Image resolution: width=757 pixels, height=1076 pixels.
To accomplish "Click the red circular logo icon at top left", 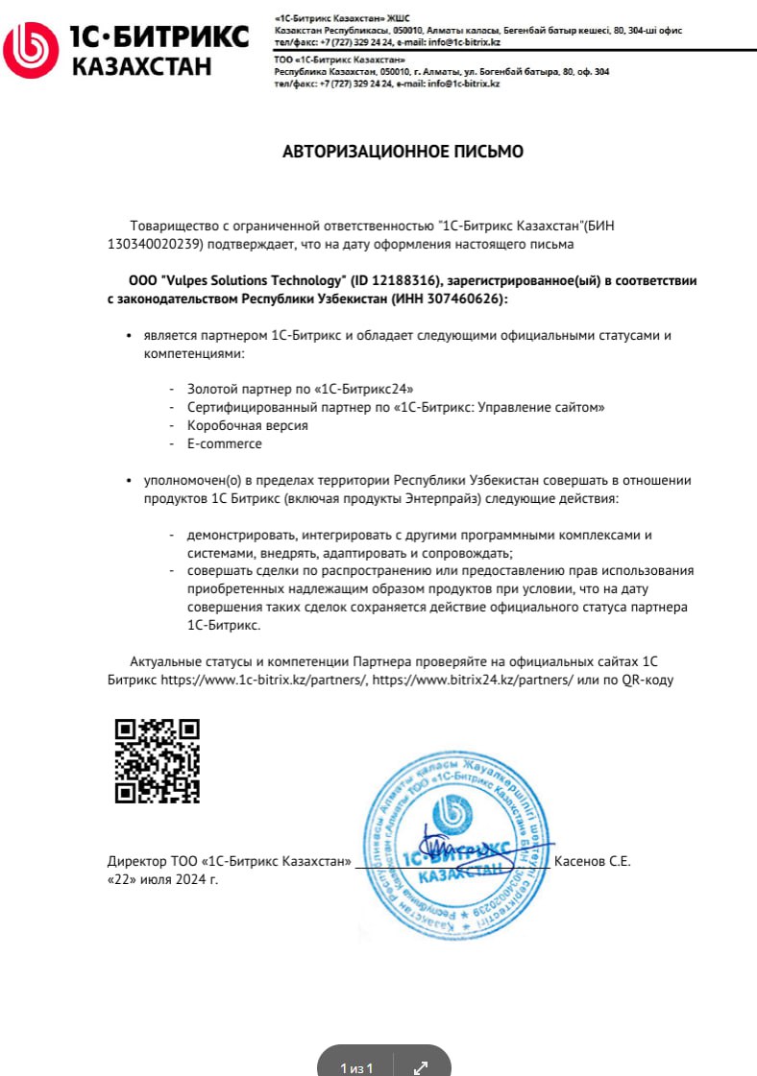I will [x=30, y=51].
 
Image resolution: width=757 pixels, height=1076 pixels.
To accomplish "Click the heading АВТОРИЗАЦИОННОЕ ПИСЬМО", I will [x=403, y=152].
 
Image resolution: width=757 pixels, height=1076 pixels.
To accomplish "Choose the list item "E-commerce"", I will [x=225, y=443].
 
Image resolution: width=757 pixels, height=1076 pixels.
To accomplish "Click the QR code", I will [x=157, y=760].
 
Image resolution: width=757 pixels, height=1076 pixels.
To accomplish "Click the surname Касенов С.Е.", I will [x=592, y=861].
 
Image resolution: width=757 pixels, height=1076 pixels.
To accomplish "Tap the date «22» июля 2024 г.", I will [x=163, y=878].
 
